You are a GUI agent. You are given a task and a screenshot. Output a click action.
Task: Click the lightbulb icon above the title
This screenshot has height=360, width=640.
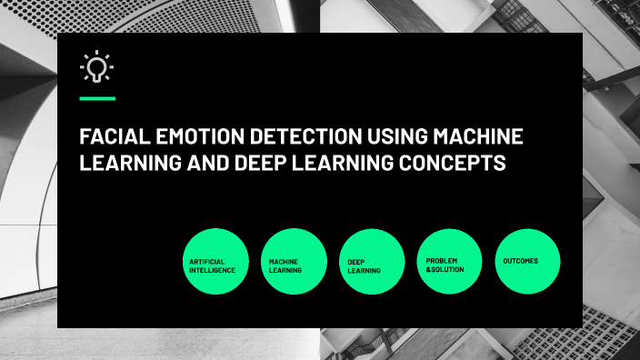coord(96,68)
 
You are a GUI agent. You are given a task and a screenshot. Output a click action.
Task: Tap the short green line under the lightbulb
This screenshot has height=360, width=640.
coord(97,97)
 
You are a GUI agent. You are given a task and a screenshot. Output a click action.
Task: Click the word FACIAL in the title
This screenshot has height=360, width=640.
coord(107,139)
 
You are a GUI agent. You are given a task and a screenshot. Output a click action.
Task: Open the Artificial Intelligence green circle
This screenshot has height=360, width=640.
coord(215,261)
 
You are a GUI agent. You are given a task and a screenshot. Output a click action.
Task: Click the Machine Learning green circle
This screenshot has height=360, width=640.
coord(294,261)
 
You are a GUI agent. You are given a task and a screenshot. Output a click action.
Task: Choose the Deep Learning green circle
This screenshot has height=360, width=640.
coord(372,261)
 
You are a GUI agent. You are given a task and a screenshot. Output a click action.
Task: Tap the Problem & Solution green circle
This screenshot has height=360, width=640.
coord(449,261)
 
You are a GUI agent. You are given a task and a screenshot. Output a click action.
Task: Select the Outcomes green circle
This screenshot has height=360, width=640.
coord(527,261)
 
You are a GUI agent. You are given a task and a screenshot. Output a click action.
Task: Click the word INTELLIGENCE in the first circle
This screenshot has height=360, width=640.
coord(213,270)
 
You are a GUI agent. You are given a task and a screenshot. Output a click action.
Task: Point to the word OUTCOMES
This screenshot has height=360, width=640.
coord(521,261)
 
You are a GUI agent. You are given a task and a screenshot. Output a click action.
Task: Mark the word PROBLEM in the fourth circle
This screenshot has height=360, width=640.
coord(442,260)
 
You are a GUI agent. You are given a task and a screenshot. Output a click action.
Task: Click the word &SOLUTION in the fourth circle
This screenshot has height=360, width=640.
coord(445,269)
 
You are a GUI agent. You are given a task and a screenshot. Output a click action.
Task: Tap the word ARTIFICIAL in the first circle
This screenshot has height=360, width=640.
coord(206,261)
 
